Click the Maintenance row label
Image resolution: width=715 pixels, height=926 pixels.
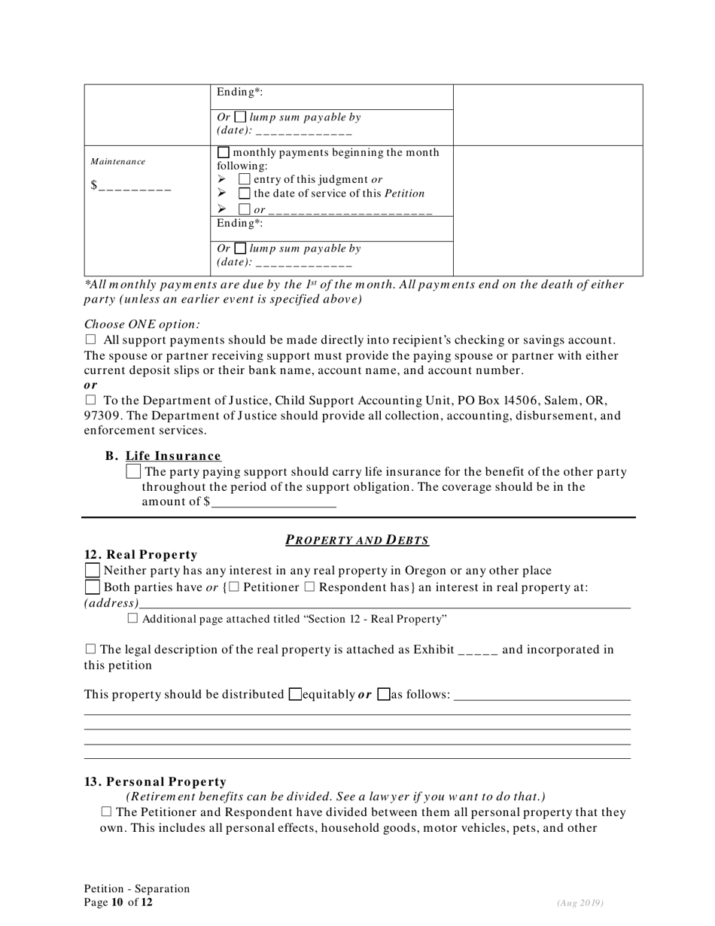(117, 161)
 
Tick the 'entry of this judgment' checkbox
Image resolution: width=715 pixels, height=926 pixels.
(245, 179)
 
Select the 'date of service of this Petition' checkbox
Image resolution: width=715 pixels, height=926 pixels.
(245, 193)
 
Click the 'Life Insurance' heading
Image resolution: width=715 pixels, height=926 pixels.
(173, 456)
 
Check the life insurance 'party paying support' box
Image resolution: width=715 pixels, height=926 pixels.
(134, 472)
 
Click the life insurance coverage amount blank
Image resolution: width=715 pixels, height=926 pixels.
(273, 502)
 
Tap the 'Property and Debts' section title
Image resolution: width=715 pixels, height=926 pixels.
(357, 540)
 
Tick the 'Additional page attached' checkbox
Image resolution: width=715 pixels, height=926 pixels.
(133, 619)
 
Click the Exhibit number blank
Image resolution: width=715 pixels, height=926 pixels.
(477, 650)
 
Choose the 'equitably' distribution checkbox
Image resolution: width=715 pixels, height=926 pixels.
(296, 694)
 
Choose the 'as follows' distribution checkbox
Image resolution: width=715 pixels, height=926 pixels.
(383, 694)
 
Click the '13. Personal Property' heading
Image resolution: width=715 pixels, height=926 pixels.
(155, 782)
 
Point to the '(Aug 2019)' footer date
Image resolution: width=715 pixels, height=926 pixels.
(580, 903)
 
